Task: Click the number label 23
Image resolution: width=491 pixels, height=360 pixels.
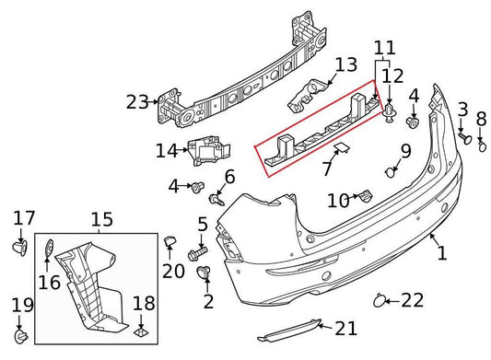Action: coord(137,102)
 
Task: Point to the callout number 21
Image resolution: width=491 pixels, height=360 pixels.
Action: coord(345,327)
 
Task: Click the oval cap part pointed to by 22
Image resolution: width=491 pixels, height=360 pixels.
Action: coord(378,299)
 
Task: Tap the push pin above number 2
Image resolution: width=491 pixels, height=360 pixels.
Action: coord(205,272)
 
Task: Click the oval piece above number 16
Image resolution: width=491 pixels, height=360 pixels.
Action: coord(48,249)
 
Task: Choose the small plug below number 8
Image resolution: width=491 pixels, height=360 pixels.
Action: coord(480,144)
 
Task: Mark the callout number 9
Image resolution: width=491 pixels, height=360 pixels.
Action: coord(405,152)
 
